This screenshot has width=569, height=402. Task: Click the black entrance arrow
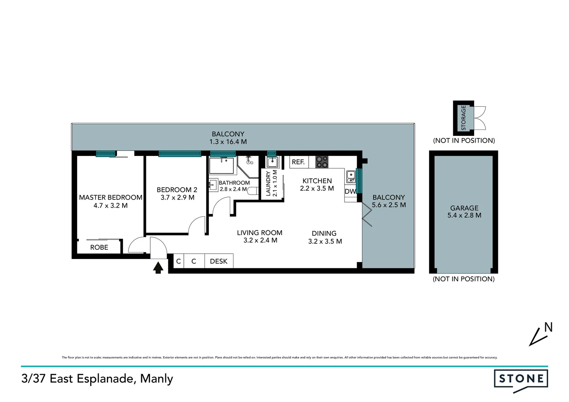pyautogui.click(x=158, y=268)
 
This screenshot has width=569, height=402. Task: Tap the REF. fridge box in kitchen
pyautogui.click(x=298, y=162)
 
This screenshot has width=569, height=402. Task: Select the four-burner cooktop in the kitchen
pyautogui.click(x=322, y=162)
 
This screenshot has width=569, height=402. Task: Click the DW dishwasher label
pyautogui.click(x=350, y=191)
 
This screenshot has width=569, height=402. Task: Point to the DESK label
pyautogui.click(x=219, y=261)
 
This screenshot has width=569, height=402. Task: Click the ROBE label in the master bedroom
pyautogui.click(x=99, y=248)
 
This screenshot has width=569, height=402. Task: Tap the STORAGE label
pyautogui.click(x=464, y=118)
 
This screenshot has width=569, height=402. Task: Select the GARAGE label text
pyautogui.click(x=464, y=208)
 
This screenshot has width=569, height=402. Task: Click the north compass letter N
pyautogui.click(x=548, y=327)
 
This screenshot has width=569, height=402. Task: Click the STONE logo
pyautogui.click(x=521, y=379)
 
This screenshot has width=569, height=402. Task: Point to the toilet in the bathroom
pyautogui.click(x=253, y=191)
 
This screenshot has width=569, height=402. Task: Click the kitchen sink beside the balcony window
pyautogui.click(x=350, y=176)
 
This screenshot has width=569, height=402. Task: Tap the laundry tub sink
pyautogui.click(x=273, y=162)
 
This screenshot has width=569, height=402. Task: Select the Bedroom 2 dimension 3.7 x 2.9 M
pyautogui.click(x=177, y=198)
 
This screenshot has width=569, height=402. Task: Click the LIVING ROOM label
pyautogui.click(x=260, y=233)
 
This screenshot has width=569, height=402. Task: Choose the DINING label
pyautogui.click(x=324, y=233)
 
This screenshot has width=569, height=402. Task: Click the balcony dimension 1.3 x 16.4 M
pyautogui.click(x=228, y=142)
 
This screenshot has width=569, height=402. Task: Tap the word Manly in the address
pyautogui.click(x=156, y=379)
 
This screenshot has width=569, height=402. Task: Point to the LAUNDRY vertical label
pyautogui.click(x=268, y=183)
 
